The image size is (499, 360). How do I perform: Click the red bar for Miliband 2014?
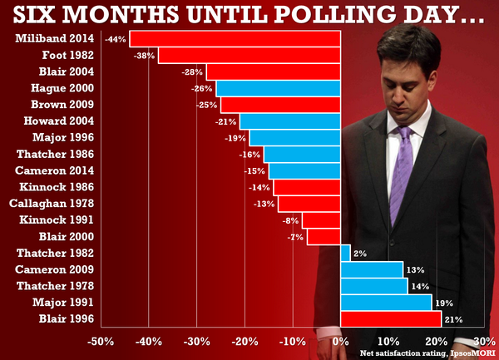point(235,39)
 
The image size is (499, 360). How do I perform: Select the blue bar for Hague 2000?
point(279,88)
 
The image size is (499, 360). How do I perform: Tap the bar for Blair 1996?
point(390,319)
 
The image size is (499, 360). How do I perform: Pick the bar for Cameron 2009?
point(372,269)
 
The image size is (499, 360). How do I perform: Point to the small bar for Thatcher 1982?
point(345,253)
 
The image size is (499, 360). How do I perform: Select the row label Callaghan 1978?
point(52,204)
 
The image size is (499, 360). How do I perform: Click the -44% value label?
point(116,39)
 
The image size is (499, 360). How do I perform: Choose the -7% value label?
point(294,237)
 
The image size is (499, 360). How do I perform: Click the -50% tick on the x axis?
point(101,341)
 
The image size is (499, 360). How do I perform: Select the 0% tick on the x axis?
point(340,341)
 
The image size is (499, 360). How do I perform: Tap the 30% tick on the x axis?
point(484,341)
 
